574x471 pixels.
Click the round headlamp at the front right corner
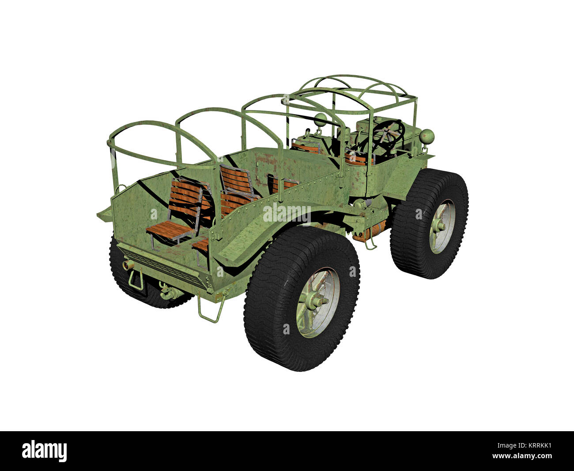click(427, 135)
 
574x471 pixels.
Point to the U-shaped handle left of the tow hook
click(136, 280)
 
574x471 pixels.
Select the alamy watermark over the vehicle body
click(287, 214)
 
